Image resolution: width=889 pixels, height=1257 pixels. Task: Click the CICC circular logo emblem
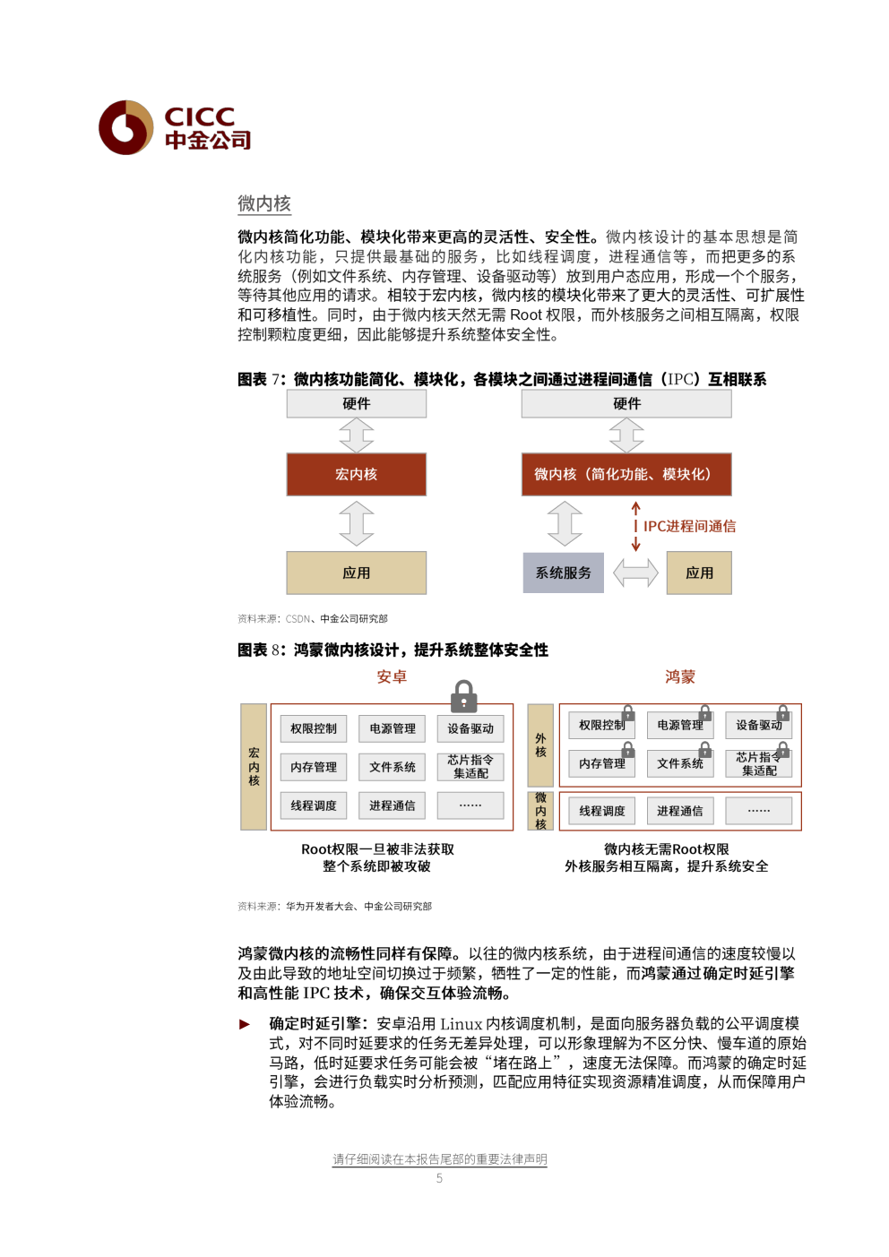click(x=125, y=127)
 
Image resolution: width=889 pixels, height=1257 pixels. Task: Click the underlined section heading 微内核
click(x=263, y=203)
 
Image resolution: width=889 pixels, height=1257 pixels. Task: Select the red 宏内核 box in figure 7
click(x=357, y=474)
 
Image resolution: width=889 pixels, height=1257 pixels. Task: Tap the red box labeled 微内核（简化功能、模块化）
click(x=626, y=474)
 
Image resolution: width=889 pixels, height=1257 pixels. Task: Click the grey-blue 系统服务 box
click(x=564, y=573)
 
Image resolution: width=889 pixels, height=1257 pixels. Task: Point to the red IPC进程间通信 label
click(x=689, y=527)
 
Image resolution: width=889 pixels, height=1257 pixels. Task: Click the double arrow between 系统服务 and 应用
click(x=635, y=573)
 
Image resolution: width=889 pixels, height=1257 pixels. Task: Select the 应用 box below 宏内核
click(x=357, y=573)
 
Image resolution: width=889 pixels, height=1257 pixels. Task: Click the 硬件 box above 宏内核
click(x=357, y=403)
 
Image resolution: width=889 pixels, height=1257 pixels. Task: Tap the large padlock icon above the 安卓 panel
click(x=463, y=696)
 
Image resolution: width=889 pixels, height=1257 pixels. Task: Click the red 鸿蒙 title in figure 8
click(x=679, y=676)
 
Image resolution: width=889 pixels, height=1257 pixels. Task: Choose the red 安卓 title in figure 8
click(x=392, y=676)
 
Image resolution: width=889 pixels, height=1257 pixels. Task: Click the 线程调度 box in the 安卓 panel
click(x=313, y=805)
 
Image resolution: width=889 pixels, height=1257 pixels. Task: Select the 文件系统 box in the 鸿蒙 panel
click(x=679, y=763)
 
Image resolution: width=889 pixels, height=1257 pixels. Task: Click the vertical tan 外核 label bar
click(x=540, y=745)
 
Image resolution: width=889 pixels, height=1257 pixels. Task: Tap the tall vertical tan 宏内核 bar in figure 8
click(x=254, y=767)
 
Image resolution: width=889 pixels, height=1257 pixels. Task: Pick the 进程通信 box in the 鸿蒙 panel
click(x=679, y=811)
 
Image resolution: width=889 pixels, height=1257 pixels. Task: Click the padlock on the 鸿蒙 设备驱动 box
click(x=783, y=712)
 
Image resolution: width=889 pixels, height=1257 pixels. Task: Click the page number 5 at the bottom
click(x=439, y=1178)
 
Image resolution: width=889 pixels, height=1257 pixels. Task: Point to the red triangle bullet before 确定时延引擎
click(x=245, y=1024)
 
